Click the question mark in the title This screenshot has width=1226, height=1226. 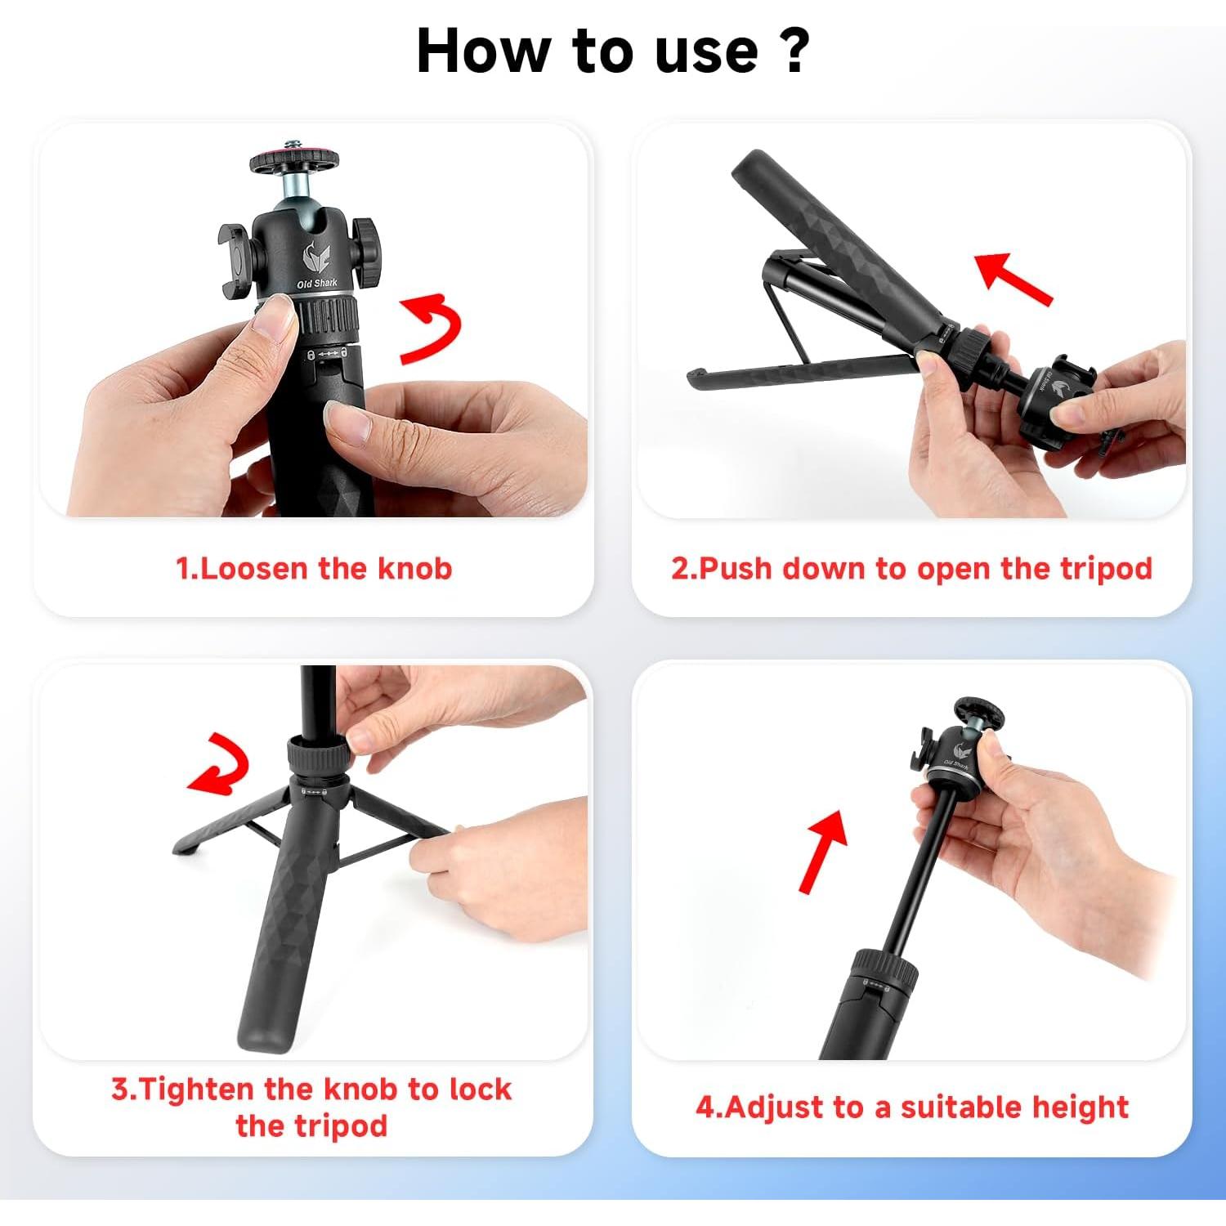[x=789, y=51]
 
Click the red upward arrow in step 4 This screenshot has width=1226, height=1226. [x=823, y=850]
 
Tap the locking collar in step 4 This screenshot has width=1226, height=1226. [x=886, y=969]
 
